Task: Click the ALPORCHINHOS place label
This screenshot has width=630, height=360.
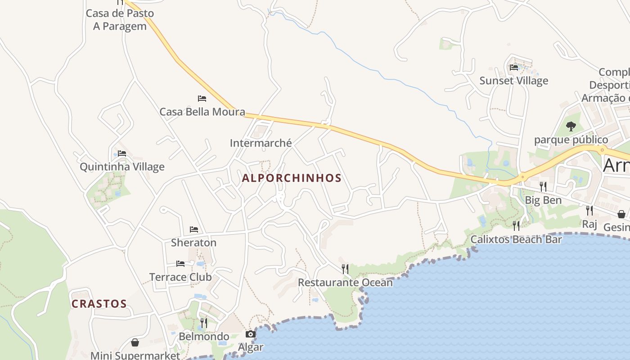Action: point(292,178)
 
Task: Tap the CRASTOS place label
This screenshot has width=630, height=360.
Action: point(99,304)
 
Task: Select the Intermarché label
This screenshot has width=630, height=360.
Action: point(261,143)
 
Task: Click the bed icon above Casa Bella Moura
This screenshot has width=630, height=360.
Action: point(202,98)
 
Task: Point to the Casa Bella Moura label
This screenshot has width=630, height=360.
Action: point(202,112)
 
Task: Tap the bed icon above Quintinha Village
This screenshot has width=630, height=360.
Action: point(122,153)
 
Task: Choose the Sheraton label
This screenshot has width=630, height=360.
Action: point(193,243)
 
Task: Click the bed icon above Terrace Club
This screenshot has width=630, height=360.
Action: point(180,263)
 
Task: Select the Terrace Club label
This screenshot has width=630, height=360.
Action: point(180,277)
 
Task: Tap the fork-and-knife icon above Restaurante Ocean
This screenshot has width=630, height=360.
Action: point(345,269)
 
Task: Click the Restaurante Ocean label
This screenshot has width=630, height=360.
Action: point(345,283)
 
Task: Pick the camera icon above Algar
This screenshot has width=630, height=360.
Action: point(251,334)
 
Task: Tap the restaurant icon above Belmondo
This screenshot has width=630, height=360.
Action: point(204,323)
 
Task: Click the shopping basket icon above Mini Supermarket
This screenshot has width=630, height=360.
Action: point(135,342)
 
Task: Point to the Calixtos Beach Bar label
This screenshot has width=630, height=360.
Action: point(516,239)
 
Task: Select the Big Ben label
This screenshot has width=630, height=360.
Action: point(543,200)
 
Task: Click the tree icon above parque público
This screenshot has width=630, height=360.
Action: point(571,126)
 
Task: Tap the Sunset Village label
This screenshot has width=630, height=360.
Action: point(514,81)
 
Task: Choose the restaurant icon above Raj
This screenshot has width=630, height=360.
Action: point(589,210)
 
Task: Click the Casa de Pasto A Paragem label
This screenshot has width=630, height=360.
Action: point(120,20)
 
